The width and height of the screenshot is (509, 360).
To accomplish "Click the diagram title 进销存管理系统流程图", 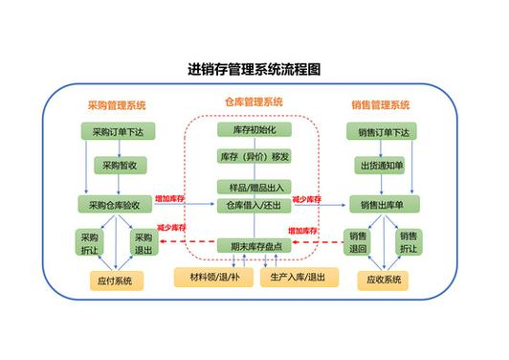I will tap(254, 70).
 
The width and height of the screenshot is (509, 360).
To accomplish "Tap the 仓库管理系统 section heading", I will tap(254, 102).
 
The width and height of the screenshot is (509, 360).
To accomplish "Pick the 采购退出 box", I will tap(143, 243).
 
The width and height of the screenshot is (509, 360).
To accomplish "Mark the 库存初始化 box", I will tap(254, 129).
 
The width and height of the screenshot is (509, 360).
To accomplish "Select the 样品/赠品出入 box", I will tap(254, 187).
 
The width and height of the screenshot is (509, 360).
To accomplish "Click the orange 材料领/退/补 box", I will tap(208, 278).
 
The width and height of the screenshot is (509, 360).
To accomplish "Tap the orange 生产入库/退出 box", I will tap(299, 278).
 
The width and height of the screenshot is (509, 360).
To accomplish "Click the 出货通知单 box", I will tap(384, 167).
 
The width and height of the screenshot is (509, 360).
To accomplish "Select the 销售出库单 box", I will tap(384, 204).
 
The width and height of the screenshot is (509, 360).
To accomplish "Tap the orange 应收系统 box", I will tap(384, 281).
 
